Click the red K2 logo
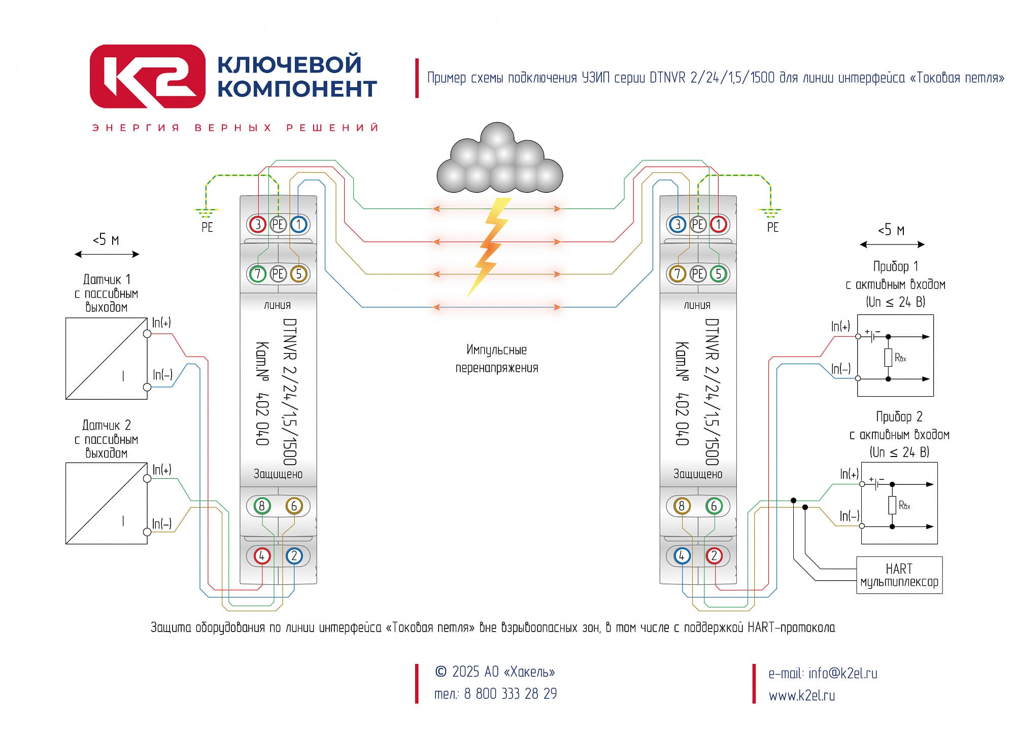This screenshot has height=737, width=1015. pyautogui.click(x=148, y=77)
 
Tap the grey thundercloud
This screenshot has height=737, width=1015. pyautogui.click(x=499, y=158)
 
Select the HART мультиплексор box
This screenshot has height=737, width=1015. pyautogui.click(x=899, y=575)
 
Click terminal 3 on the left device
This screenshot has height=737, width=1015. pyautogui.click(x=258, y=224)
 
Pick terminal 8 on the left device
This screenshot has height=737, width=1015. pyautogui.click(x=262, y=506)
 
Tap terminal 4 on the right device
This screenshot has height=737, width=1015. pyautogui.click(x=682, y=556)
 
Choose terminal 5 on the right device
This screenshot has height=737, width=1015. pyautogui.click(x=718, y=274)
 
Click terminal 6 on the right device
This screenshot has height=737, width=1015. pyautogui.click(x=714, y=506)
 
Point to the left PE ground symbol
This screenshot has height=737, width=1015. pyautogui.click(x=206, y=213)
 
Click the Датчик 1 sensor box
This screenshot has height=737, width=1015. pyautogui.click(x=107, y=359)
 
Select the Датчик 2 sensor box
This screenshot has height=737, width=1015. pyautogui.click(x=107, y=504)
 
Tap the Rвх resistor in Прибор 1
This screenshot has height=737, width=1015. pyautogui.click(x=888, y=357)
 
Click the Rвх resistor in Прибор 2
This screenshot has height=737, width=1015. pyautogui.click(x=892, y=505)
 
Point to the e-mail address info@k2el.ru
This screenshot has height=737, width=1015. pyautogui.click(x=843, y=674)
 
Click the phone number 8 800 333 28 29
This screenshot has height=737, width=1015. pyautogui.click(x=511, y=693)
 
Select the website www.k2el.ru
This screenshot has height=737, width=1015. pyautogui.click(x=802, y=695)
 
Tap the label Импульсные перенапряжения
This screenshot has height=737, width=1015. pyautogui.click(x=497, y=359)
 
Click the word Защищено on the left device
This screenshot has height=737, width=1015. pyautogui.click(x=278, y=474)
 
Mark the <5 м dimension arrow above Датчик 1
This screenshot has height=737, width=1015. pyautogui.click(x=107, y=254)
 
